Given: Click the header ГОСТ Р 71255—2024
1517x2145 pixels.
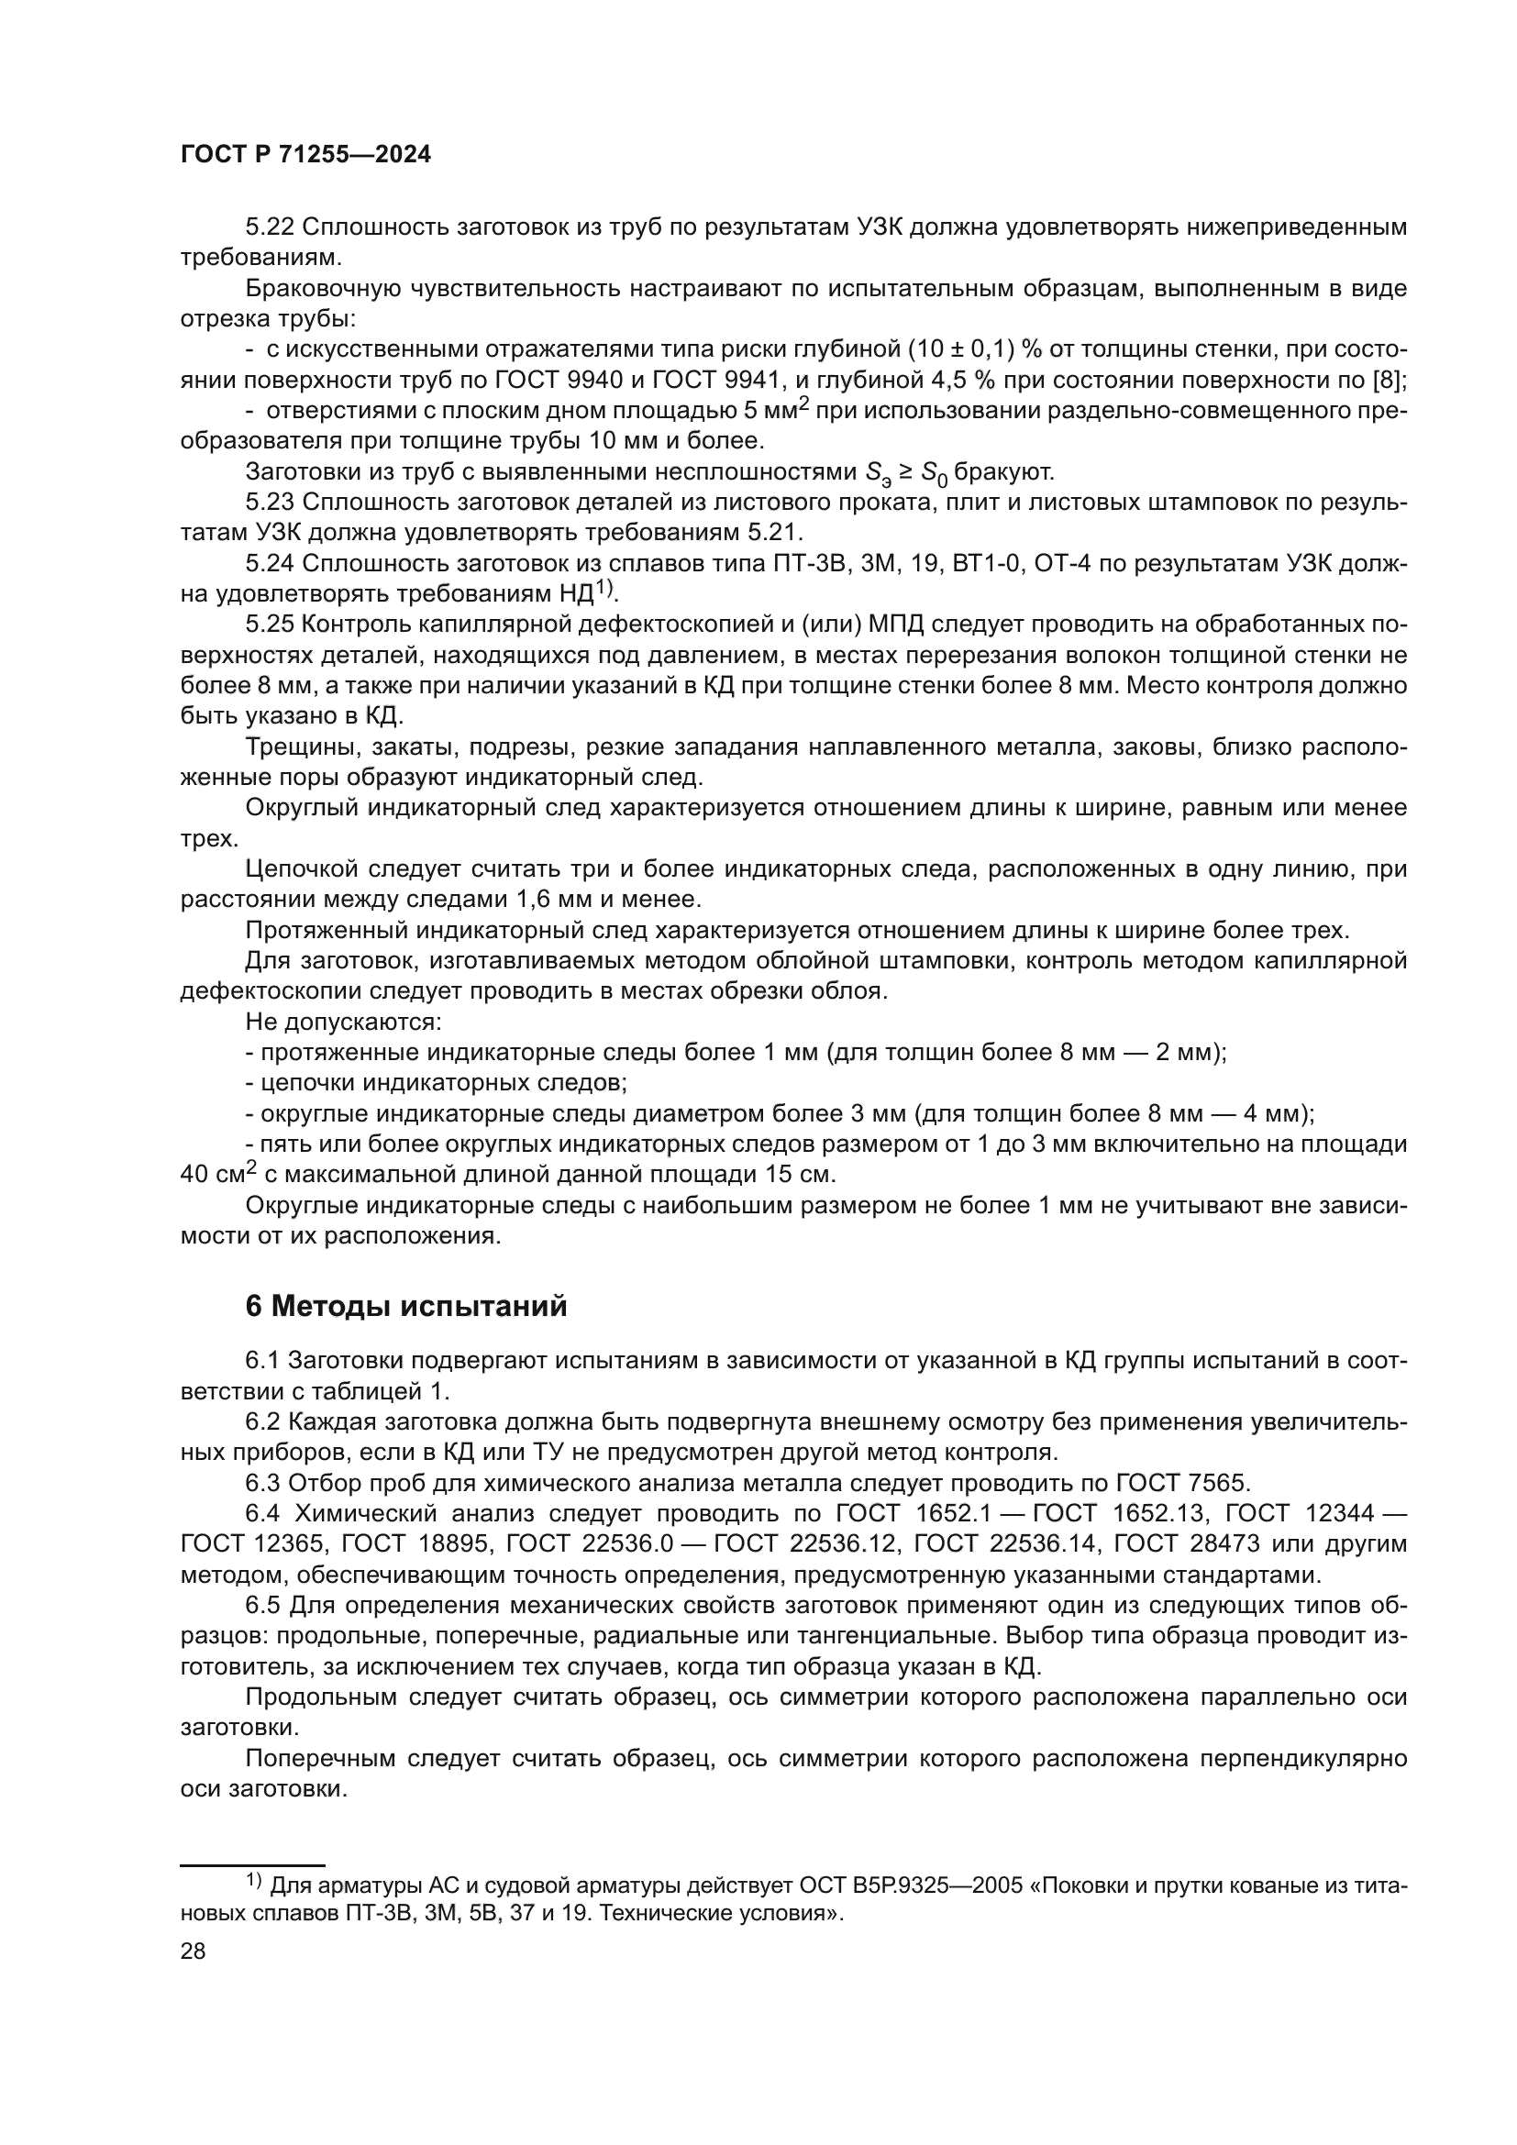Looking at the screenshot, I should click(305, 156).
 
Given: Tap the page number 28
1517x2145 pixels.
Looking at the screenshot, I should click(193, 1951).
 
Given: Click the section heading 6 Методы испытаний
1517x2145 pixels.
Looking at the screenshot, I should click(406, 1306).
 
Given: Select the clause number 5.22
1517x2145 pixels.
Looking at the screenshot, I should click(270, 227).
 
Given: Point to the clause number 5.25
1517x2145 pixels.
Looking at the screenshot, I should click(270, 625).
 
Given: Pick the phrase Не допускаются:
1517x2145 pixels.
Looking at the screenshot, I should click(343, 1021).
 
